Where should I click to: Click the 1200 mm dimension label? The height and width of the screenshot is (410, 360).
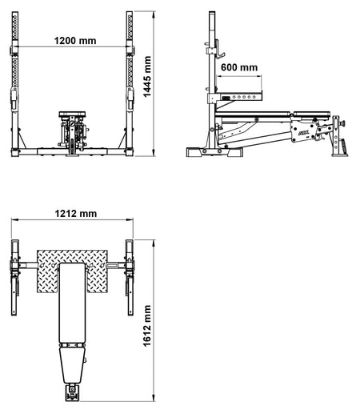click(x=75, y=41)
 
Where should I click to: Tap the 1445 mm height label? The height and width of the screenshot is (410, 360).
click(x=147, y=77)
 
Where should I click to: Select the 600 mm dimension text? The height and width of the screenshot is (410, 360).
click(x=239, y=67)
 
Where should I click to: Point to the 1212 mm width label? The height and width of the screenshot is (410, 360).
click(x=76, y=214)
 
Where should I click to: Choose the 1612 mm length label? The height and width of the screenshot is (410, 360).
click(x=147, y=326)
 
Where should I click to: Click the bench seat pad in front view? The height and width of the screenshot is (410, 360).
click(x=72, y=114)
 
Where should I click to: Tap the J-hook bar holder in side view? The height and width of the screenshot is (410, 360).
click(x=220, y=50)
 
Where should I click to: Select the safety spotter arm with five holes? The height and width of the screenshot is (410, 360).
click(x=239, y=97)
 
